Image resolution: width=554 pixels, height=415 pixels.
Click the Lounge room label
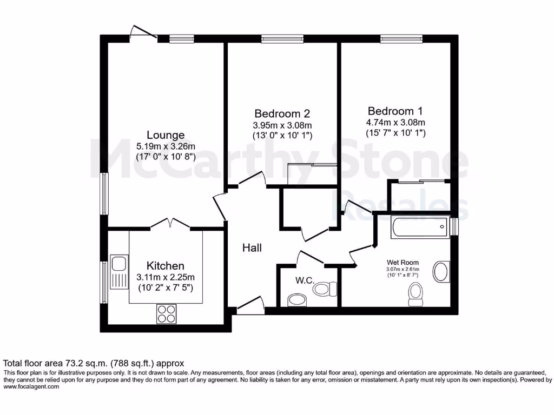pyautogui.click(x=166, y=135)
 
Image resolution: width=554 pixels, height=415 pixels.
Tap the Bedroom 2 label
pyautogui.click(x=282, y=113)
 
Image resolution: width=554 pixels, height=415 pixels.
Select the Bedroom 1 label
pyautogui.click(x=394, y=110)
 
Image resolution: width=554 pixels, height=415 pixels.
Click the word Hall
pyautogui.click(x=252, y=247)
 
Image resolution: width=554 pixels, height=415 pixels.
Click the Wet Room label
pyautogui.click(x=402, y=263)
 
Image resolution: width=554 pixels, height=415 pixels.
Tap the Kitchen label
pyautogui.click(x=166, y=265)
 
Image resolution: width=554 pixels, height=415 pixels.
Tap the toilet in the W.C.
pyautogui.click(x=324, y=289)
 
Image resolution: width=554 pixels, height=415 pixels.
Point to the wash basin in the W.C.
pyautogui.click(x=296, y=299)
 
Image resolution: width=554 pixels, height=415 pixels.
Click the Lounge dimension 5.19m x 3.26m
pyautogui.click(x=166, y=146)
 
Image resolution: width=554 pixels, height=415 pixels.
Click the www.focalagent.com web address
pyautogui.click(x=31, y=387)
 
